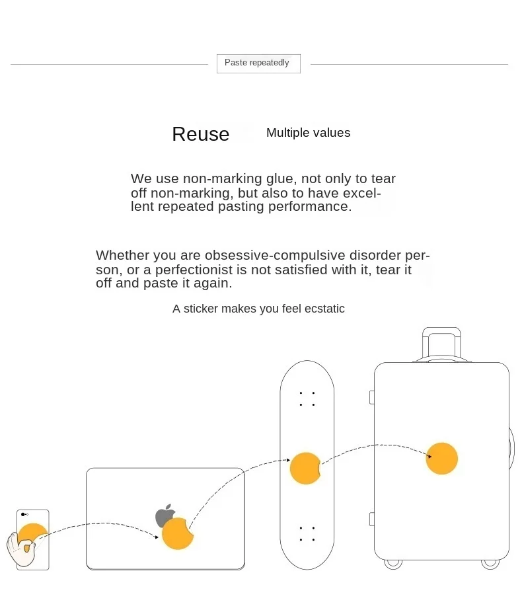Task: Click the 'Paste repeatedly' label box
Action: click(x=258, y=63)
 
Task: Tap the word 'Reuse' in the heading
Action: click(x=200, y=134)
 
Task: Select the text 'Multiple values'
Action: click(x=308, y=133)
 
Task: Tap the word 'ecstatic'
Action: click(x=324, y=309)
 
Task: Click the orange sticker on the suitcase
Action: click(x=441, y=459)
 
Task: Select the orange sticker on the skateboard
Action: click(x=305, y=468)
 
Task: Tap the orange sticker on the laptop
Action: click(x=177, y=534)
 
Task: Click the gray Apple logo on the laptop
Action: click(x=165, y=515)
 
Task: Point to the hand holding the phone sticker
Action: click(x=19, y=548)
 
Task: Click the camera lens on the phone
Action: click(x=23, y=514)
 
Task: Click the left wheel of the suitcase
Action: click(x=393, y=564)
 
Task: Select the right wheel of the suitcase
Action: click(x=490, y=564)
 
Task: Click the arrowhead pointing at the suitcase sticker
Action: click(x=429, y=455)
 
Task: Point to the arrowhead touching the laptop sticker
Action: click(x=157, y=537)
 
